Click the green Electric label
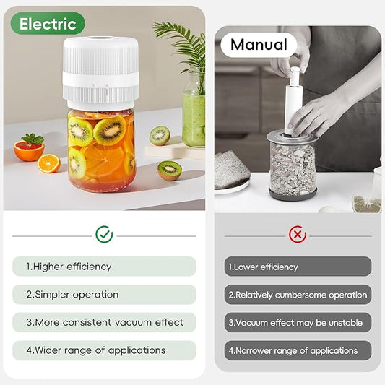(x=48, y=24)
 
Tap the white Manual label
(x=259, y=45)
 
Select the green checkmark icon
(x=104, y=234)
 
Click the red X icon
(x=298, y=234)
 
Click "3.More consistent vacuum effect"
(x=104, y=322)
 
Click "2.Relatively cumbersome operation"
(x=298, y=295)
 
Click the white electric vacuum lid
(x=100, y=70)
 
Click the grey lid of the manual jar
(x=292, y=138)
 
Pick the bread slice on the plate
(x=230, y=170)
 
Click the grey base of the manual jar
(x=292, y=193)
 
